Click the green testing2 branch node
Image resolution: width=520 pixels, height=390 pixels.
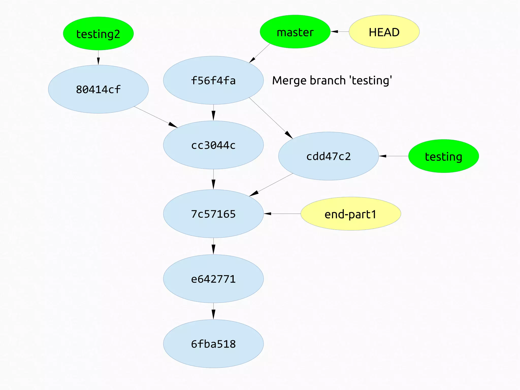[x=98, y=34]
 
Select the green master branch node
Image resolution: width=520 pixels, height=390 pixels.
[x=295, y=32]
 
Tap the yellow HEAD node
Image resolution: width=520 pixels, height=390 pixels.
[x=384, y=32]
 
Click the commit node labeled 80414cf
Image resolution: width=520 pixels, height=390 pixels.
[x=98, y=89]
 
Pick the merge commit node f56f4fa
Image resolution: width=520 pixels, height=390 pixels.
[x=213, y=80]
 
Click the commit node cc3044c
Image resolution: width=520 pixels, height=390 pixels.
[x=213, y=145]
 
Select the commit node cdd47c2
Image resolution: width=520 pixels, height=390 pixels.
[x=329, y=156]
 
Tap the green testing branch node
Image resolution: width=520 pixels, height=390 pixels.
[x=444, y=156]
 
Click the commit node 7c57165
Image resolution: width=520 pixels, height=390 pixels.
[x=213, y=214]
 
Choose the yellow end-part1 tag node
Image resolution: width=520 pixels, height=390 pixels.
[x=351, y=214]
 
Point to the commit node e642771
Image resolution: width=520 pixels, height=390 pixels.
[x=213, y=279]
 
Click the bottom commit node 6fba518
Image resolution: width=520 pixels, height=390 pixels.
[x=213, y=344]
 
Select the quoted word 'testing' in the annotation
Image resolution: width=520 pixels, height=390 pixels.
[x=371, y=80]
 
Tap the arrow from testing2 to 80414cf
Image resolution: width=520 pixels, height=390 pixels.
[x=98, y=58]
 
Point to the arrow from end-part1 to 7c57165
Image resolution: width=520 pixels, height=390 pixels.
[x=282, y=214]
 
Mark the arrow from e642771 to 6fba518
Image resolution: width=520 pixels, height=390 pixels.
[x=213, y=311]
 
